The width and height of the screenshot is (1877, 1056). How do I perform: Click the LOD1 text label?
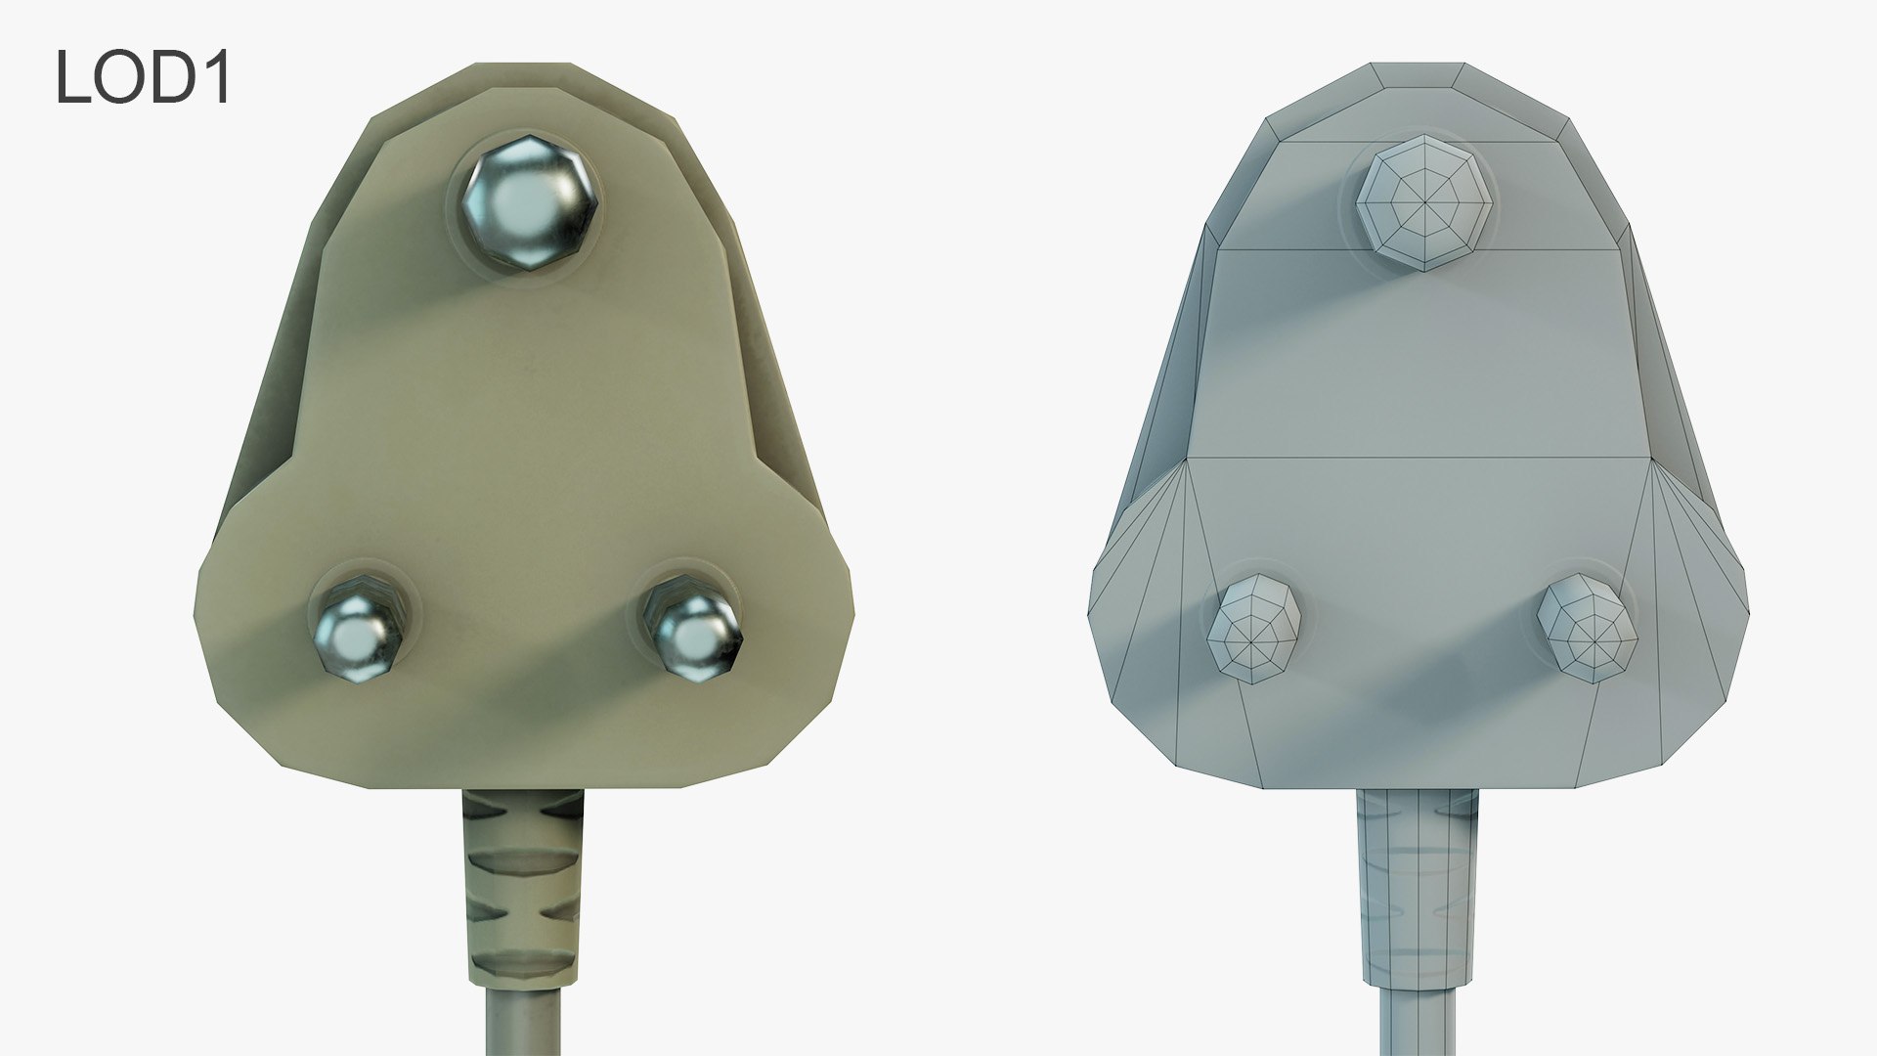pos(143,78)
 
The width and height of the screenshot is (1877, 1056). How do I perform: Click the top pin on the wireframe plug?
pos(1425,207)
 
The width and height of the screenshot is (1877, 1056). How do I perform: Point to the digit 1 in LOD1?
pos(217,78)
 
